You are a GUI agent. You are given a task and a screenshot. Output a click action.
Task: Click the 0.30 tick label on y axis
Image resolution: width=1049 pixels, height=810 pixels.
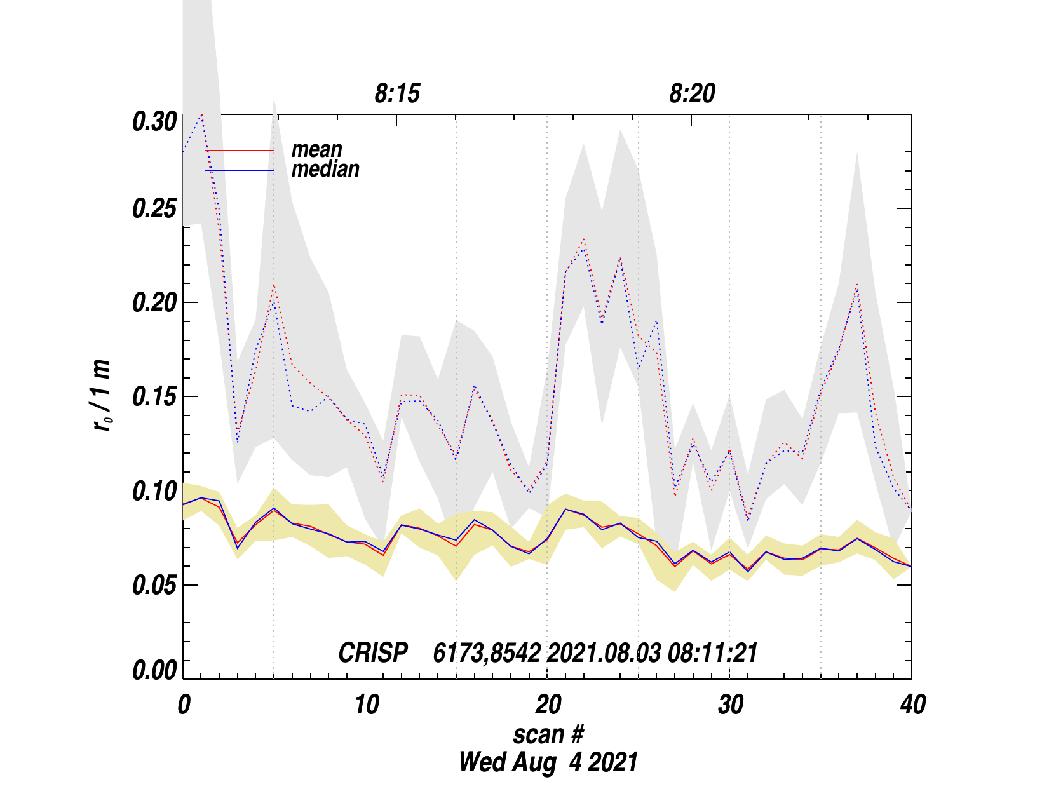[x=154, y=121]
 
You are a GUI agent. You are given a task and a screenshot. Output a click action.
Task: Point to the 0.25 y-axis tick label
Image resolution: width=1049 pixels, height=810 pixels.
[x=154, y=209]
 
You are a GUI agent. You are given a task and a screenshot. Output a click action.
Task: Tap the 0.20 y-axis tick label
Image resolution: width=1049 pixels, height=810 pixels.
[x=154, y=303]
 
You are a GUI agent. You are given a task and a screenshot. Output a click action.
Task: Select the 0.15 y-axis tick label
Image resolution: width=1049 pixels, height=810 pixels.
[x=154, y=397]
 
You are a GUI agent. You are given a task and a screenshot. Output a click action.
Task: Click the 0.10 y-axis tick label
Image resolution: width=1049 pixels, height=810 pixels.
[x=154, y=491]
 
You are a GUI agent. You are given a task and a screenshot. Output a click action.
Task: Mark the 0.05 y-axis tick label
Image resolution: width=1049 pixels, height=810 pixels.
[x=154, y=585]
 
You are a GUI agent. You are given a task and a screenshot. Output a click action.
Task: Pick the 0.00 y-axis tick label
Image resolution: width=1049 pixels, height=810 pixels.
[x=154, y=671]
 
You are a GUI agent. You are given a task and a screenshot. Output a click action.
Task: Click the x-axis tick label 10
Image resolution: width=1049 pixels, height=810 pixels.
[x=366, y=705]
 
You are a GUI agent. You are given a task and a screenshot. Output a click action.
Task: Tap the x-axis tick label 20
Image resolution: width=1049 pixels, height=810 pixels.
[x=548, y=705]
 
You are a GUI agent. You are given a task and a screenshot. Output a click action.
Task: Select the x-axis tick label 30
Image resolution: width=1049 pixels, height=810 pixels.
[x=731, y=705]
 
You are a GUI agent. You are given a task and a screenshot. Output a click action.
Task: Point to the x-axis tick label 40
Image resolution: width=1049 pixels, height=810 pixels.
[x=913, y=705]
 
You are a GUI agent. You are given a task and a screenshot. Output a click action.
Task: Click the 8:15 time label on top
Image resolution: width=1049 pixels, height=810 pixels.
[x=397, y=94]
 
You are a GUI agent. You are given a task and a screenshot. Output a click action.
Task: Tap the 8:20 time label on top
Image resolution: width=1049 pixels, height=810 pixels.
[x=692, y=94]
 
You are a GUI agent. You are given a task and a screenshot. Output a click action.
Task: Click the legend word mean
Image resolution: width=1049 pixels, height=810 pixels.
[x=316, y=149]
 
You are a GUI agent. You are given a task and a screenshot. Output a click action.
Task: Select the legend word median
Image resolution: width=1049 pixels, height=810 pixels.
[x=325, y=169]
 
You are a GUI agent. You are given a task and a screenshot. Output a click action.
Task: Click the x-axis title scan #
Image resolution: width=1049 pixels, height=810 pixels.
[x=548, y=734]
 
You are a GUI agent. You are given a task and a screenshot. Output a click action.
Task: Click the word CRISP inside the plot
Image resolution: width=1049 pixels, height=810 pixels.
[x=373, y=653]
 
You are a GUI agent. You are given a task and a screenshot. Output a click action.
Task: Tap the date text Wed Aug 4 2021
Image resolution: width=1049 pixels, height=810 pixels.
[x=548, y=762]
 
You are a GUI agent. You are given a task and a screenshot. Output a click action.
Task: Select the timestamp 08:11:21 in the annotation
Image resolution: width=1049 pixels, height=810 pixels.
[x=712, y=653]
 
